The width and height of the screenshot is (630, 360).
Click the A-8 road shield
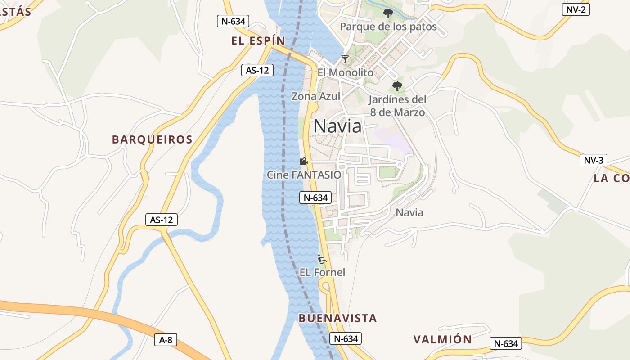166,340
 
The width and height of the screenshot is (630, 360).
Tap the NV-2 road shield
576,9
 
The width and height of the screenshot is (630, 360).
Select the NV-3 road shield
594,161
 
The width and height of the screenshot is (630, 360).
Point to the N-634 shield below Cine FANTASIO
315,197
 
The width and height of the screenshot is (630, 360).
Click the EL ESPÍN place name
258,41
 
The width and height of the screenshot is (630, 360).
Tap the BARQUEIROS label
153,139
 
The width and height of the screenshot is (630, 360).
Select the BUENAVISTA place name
337,318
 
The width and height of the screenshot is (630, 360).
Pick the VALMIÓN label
443,339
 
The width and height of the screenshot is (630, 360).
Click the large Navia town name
337,126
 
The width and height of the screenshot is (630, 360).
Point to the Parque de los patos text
388,27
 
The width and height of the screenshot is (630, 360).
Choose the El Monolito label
345,72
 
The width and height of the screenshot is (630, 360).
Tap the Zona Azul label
316,96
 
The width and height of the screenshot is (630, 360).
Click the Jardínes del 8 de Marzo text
397,106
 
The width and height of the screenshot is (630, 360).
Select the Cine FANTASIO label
304,175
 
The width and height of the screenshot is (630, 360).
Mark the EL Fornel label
322,272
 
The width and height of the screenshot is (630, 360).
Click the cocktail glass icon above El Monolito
345,59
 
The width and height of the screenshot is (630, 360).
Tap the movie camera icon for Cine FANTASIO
304,161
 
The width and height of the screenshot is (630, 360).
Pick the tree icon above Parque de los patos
388,13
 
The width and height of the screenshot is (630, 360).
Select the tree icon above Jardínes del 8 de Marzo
397,86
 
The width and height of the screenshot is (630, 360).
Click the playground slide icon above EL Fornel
322,259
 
